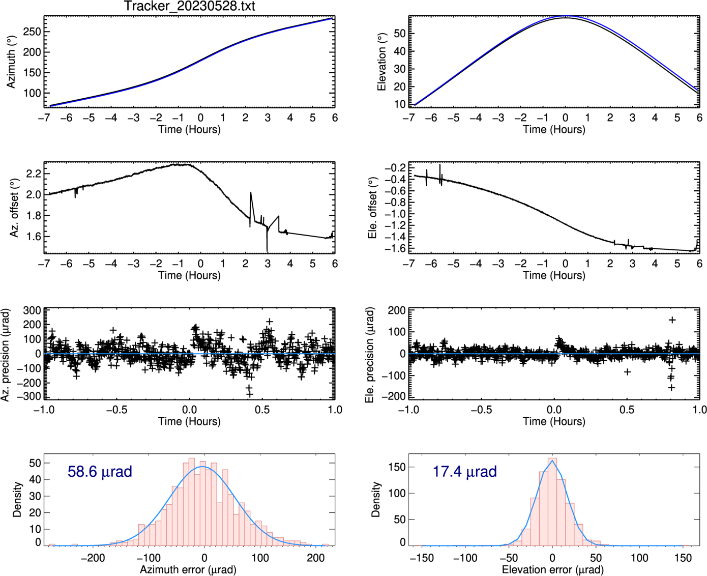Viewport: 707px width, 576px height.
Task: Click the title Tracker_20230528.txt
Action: pyautogui.click(x=189, y=7)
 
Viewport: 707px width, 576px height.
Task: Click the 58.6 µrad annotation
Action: pyautogui.click(x=100, y=472)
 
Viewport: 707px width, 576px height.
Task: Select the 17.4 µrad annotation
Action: pyautogui.click(x=464, y=472)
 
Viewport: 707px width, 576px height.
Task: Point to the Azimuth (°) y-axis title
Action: pyautogui.click(x=11, y=62)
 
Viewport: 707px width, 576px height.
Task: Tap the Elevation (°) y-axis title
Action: pyautogui.click(x=381, y=62)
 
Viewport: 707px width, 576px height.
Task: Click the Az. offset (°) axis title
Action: pyautogui.click(x=14, y=208)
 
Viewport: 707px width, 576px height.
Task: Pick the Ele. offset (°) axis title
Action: pyautogui.click(x=373, y=208)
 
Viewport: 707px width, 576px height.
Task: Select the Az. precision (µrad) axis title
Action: pyautogui.click(x=6, y=354)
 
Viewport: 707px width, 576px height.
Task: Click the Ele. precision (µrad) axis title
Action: pyautogui.click(x=370, y=354)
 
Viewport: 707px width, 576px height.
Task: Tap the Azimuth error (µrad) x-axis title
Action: pyautogui.click(x=188, y=569)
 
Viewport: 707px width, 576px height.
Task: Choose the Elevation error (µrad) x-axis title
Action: pyautogui.click(x=553, y=569)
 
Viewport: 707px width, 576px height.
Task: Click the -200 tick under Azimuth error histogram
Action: pyautogui.click(x=93, y=558)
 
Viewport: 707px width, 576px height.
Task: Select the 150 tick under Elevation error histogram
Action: pyautogui.click(x=683, y=558)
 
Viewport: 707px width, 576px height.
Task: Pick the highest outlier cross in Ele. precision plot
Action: pyautogui.click(x=672, y=320)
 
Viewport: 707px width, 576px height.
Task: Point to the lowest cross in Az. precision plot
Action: pyautogui.click(x=249, y=394)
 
